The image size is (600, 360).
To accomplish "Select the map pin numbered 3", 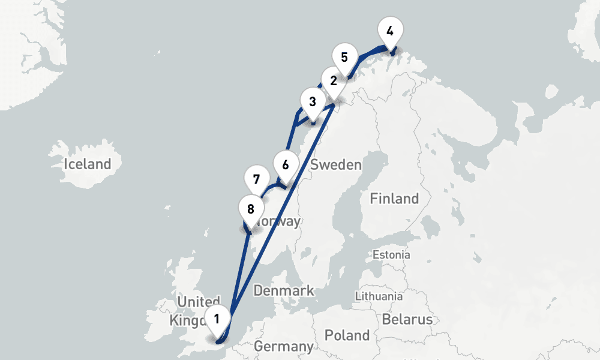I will pos(312,101).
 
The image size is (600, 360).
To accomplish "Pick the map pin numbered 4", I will pos(391,31).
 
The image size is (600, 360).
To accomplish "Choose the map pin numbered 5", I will pos(344,58).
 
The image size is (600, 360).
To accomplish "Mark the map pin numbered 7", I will pos(256,179).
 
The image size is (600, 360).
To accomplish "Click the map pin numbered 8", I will pos(250,209).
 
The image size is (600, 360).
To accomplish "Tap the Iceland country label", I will pos(88,164).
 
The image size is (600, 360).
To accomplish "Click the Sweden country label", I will pos(336,165).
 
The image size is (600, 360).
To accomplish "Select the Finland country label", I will pos(394,199).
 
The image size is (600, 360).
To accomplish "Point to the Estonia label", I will pos(391,255).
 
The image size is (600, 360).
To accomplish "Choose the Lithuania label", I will pos(379,296).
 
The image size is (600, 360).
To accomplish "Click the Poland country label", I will pos(347,335).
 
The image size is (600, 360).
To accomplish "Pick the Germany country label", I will pos(283,346).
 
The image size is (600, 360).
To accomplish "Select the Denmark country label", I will pos(284,291).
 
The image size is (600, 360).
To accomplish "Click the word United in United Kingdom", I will pos(199,301).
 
